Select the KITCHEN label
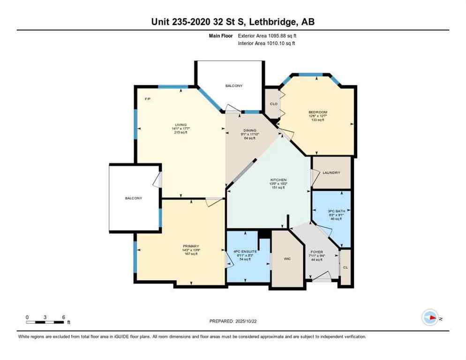pyautogui.click(x=278, y=180)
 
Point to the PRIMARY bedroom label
pyautogui.click(x=191, y=246)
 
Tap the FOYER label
pyautogui.click(x=317, y=252)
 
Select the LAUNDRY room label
pyautogui.click(x=331, y=172)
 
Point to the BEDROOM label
pyautogui.click(x=317, y=112)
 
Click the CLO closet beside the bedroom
pyautogui.click(x=274, y=104)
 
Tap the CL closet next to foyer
pyautogui.click(x=345, y=268)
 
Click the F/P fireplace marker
pyautogui.click(x=147, y=99)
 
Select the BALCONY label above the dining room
pyautogui.click(x=234, y=85)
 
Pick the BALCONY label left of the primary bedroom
pyautogui.click(x=134, y=198)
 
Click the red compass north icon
pyautogui.click(x=430, y=318)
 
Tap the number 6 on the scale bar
pyautogui.click(x=63, y=317)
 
